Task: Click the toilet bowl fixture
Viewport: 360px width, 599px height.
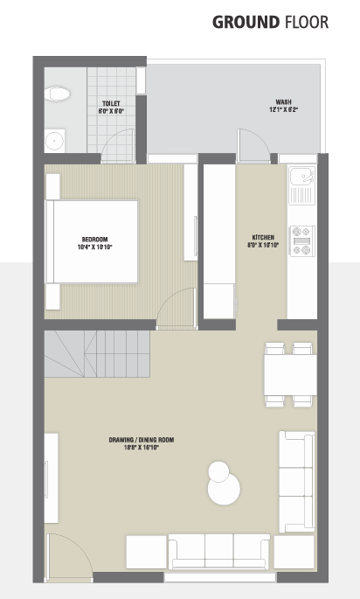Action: tap(59, 93)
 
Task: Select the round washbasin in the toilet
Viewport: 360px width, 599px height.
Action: tap(55, 138)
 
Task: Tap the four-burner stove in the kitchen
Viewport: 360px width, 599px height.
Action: tap(301, 241)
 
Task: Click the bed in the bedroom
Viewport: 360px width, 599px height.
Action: tap(93, 241)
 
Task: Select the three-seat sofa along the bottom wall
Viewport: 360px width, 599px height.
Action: tap(219, 551)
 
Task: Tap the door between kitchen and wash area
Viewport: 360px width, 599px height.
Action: tap(253, 144)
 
